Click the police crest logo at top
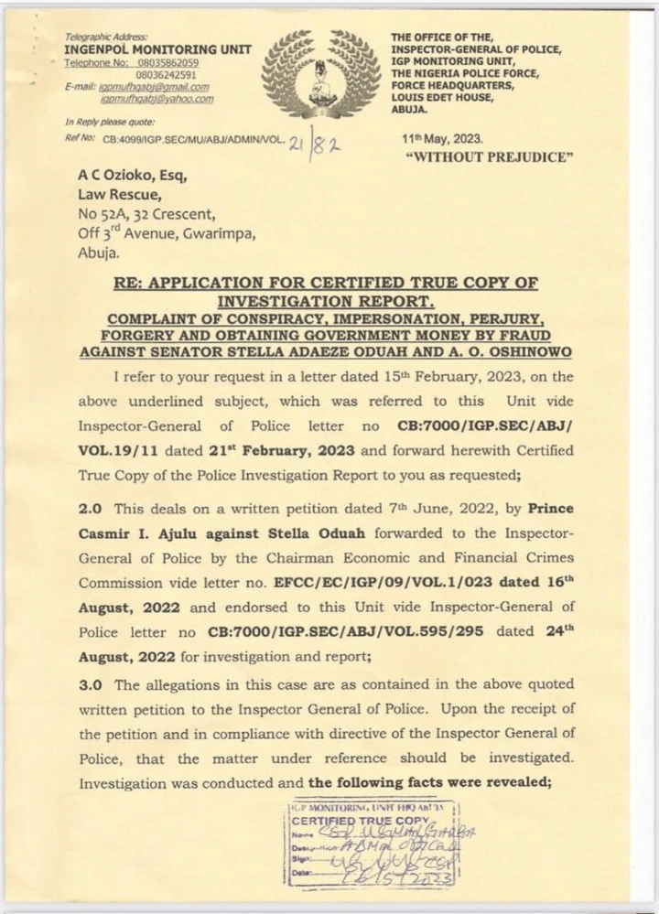click(x=321, y=74)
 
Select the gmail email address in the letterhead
click(x=156, y=86)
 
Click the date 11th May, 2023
click(x=443, y=139)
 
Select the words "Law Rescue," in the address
click(x=120, y=196)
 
